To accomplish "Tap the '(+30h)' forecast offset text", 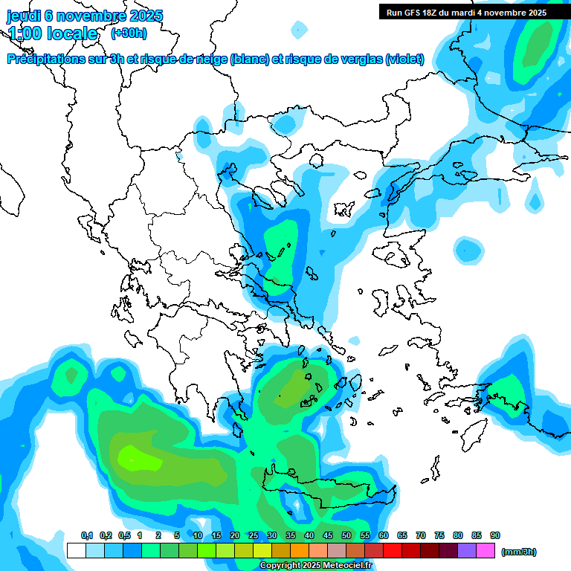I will (x=129, y=33).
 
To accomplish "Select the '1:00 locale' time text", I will (x=52, y=33).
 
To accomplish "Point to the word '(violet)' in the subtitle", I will (x=404, y=59).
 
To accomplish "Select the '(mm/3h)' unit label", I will (x=519, y=552).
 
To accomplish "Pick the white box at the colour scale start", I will (x=76, y=551).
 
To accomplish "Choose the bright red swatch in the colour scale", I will (x=393, y=551).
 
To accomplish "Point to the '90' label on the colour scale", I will (x=495, y=535).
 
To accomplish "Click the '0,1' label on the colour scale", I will (x=87, y=535).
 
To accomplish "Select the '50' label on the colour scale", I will (x=346, y=535).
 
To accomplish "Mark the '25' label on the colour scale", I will (x=254, y=535).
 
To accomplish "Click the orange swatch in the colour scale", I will (x=300, y=551).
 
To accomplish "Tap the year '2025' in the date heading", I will (x=145, y=16).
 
